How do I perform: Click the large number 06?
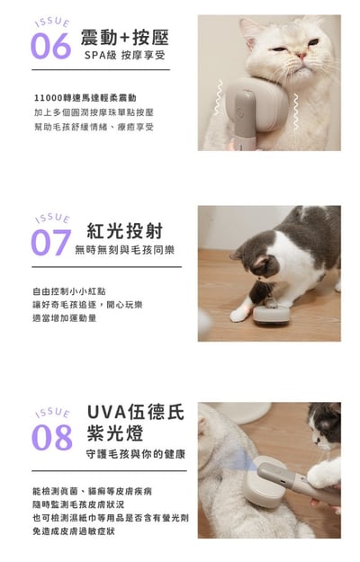pyautogui.click(x=50, y=46)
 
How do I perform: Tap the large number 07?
pyautogui.click(x=51, y=242)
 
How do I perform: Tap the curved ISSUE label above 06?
pyautogui.click(x=49, y=22)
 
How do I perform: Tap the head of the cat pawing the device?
pyautogui.click(x=255, y=267)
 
